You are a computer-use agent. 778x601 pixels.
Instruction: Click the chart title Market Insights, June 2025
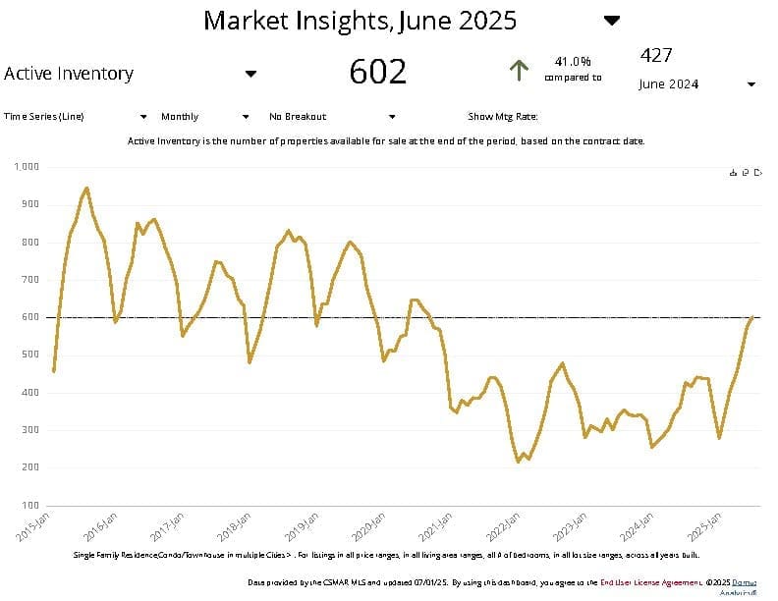click(x=360, y=20)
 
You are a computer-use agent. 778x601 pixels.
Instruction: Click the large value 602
click(x=378, y=72)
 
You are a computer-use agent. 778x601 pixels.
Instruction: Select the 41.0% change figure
click(x=573, y=61)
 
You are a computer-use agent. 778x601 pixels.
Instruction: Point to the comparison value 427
click(x=655, y=55)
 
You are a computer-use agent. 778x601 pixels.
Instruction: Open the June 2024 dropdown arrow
click(x=751, y=84)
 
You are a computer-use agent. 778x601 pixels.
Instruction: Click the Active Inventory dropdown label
click(x=69, y=73)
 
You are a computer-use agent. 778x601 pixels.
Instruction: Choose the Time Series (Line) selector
click(x=44, y=116)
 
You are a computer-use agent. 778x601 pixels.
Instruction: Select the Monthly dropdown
click(x=180, y=116)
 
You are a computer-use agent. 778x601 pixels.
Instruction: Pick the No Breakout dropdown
click(x=298, y=116)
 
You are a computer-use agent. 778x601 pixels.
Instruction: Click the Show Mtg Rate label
click(x=503, y=116)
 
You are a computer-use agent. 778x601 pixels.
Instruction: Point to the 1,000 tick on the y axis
click(x=27, y=167)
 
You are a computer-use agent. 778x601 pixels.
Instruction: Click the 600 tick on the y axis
click(x=30, y=317)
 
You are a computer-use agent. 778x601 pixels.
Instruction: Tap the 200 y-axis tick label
click(x=30, y=466)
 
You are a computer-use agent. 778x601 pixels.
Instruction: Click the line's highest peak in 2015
click(x=86, y=188)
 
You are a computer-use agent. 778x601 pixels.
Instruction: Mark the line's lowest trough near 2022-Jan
click(x=519, y=461)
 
